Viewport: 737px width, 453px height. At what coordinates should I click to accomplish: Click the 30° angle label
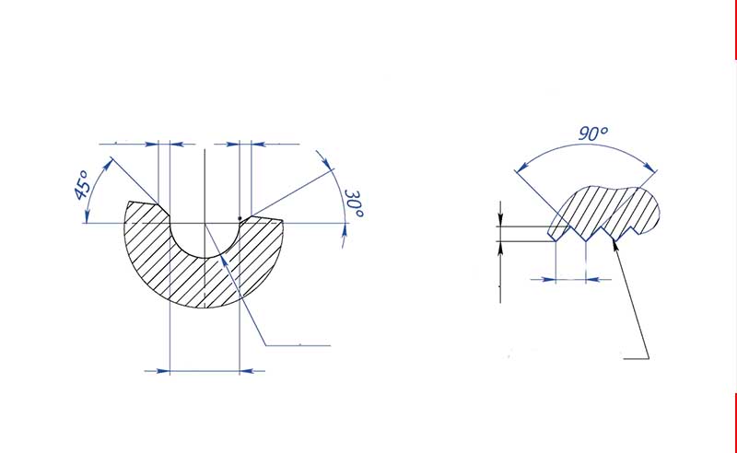355,204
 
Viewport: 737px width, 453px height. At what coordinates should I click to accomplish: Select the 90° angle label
593,134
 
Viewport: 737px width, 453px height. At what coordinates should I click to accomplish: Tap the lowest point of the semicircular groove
205,257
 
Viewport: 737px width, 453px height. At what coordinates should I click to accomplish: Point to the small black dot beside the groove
240,217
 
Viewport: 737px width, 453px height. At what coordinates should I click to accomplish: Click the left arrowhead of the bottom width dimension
164,371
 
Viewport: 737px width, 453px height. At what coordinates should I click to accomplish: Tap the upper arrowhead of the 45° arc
111,162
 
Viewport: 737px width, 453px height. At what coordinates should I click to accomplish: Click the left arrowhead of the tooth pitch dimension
552,277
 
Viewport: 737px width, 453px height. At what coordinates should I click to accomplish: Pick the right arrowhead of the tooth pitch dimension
591,277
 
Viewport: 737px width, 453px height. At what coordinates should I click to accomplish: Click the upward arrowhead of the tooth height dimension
500,248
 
